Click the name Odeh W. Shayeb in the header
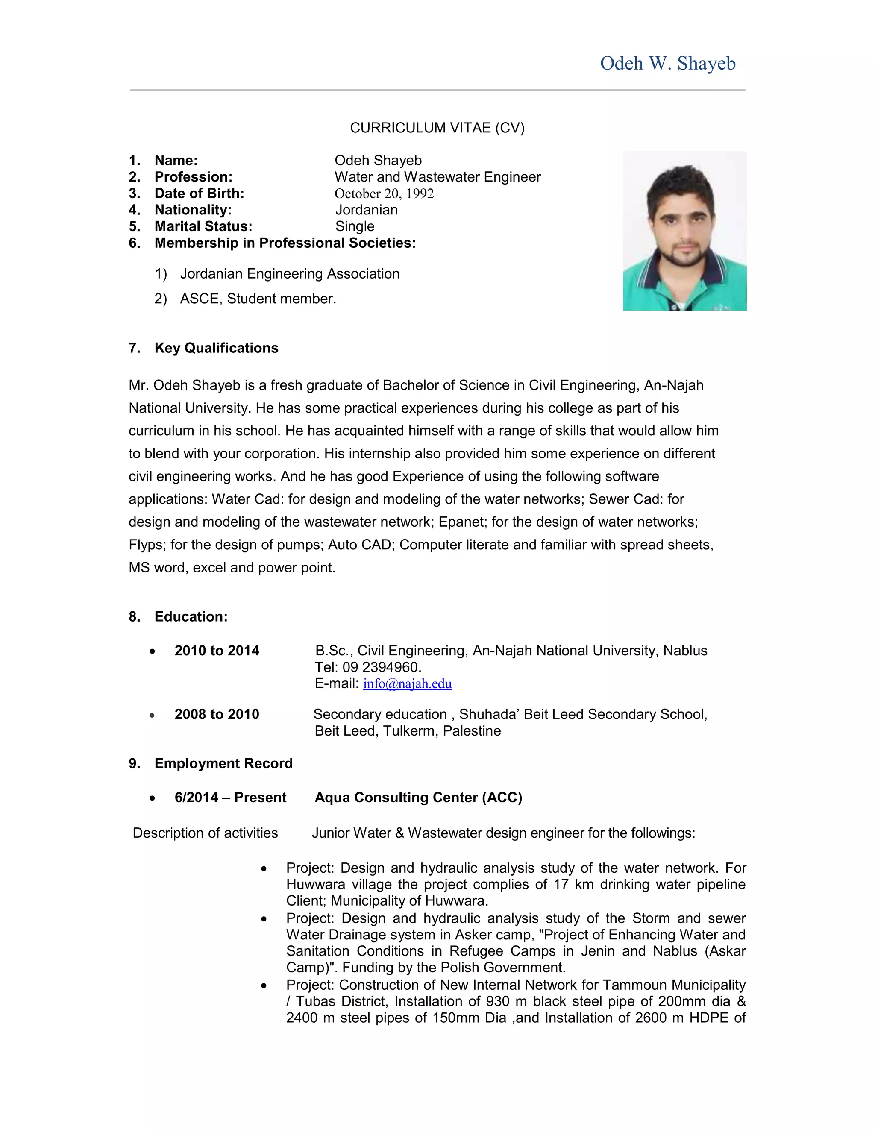[668, 63]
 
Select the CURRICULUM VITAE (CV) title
[437, 128]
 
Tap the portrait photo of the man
[684, 231]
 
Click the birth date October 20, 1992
[384, 194]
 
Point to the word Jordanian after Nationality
[367, 210]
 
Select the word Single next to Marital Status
[355, 226]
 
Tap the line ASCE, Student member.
[258, 299]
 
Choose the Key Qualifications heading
[216, 348]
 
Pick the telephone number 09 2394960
[382, 667]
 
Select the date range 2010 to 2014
[217, 651]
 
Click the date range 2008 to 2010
[217, 714]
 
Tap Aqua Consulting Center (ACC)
[418, 797]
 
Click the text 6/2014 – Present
[230, 797]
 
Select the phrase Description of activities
[205, 833]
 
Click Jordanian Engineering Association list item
[289, 274]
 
